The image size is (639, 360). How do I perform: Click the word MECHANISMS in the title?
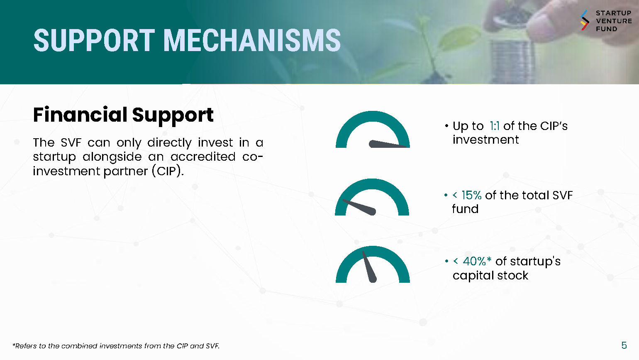[x=252, y=40]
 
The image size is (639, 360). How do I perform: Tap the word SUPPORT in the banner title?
[x=94, y=40]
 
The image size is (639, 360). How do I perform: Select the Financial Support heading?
[x=123, y=115]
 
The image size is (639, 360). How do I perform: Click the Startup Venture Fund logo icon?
[x=585, y=20]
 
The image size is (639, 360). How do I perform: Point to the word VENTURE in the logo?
[x=614, y=21]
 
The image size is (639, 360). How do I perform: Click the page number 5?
[x=624, y=345]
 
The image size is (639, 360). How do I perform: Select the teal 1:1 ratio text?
[x=494, y=126]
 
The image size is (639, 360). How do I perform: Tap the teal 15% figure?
[x=471, y=195]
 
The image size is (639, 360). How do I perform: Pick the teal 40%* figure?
[x=477, y=261]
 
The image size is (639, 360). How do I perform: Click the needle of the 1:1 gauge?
[x=387, y=144]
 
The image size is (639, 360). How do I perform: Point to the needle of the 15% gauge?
[x=359, y=207]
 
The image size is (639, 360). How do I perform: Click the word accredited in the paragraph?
[x=203, y=157]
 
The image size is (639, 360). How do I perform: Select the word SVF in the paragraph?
[x=71, y=142]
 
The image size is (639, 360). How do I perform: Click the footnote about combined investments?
[x=116, y=346]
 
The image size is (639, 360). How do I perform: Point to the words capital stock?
[x=490, y=276]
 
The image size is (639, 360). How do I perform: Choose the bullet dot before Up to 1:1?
[x=446, y=126]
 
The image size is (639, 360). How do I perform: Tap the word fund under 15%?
[x=465, y=209]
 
